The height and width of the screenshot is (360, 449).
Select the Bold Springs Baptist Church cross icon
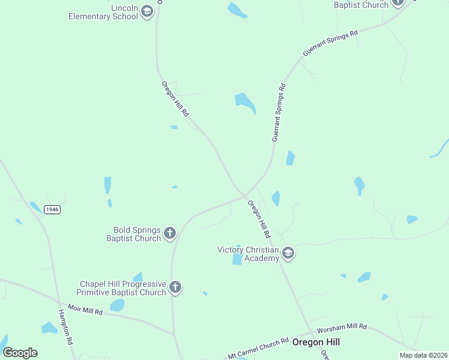pos(170,233)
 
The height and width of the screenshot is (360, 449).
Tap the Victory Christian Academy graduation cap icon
pos(288,253)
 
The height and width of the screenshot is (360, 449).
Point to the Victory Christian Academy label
pos(248,254)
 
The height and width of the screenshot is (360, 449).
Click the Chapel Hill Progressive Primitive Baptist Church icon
pos(175,287)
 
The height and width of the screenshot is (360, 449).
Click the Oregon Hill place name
pos(316,342)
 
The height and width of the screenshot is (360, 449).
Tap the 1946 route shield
pos(52,209)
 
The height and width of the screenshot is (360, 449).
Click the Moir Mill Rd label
pos(85,310)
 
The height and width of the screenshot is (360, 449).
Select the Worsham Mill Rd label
pos(342,328)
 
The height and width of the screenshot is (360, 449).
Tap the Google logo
pos(20,353)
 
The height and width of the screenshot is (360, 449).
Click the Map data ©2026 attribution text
pos(423,355)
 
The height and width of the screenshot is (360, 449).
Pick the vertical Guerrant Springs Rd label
pos(279,112)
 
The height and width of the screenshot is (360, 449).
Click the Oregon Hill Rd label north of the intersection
pos(175,99)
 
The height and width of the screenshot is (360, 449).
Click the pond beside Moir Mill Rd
pos(118,305)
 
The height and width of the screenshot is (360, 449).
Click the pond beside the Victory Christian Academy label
pos(237,258)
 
